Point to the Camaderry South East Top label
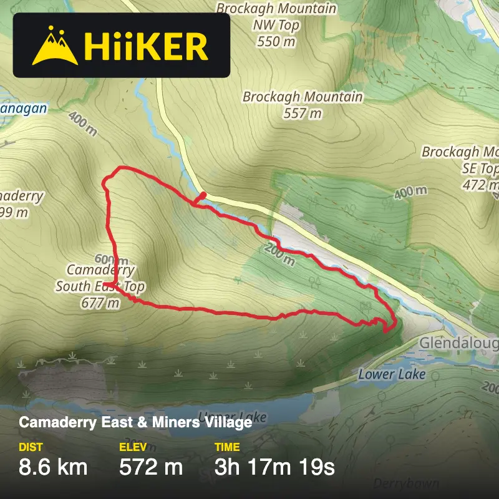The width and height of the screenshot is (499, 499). coord(100,278)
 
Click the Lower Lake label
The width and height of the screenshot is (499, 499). coord(392,374)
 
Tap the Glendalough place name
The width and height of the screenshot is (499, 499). coord(458,344)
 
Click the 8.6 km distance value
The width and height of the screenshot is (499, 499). coord(53,467)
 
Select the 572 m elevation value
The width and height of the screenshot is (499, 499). coord(150,467)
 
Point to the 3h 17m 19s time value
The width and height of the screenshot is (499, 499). coord(274,467)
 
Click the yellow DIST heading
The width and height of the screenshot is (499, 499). coord(31,447)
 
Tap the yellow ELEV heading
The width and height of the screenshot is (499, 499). coord(132,447)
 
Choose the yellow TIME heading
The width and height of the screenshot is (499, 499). coord(227,447)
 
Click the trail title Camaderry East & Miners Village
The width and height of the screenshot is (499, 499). coord(135,422)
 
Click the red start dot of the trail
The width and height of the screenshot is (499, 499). coord(203,195)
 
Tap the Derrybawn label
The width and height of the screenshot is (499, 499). coord(406,483)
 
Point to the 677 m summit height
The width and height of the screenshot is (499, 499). coord(100,303)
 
